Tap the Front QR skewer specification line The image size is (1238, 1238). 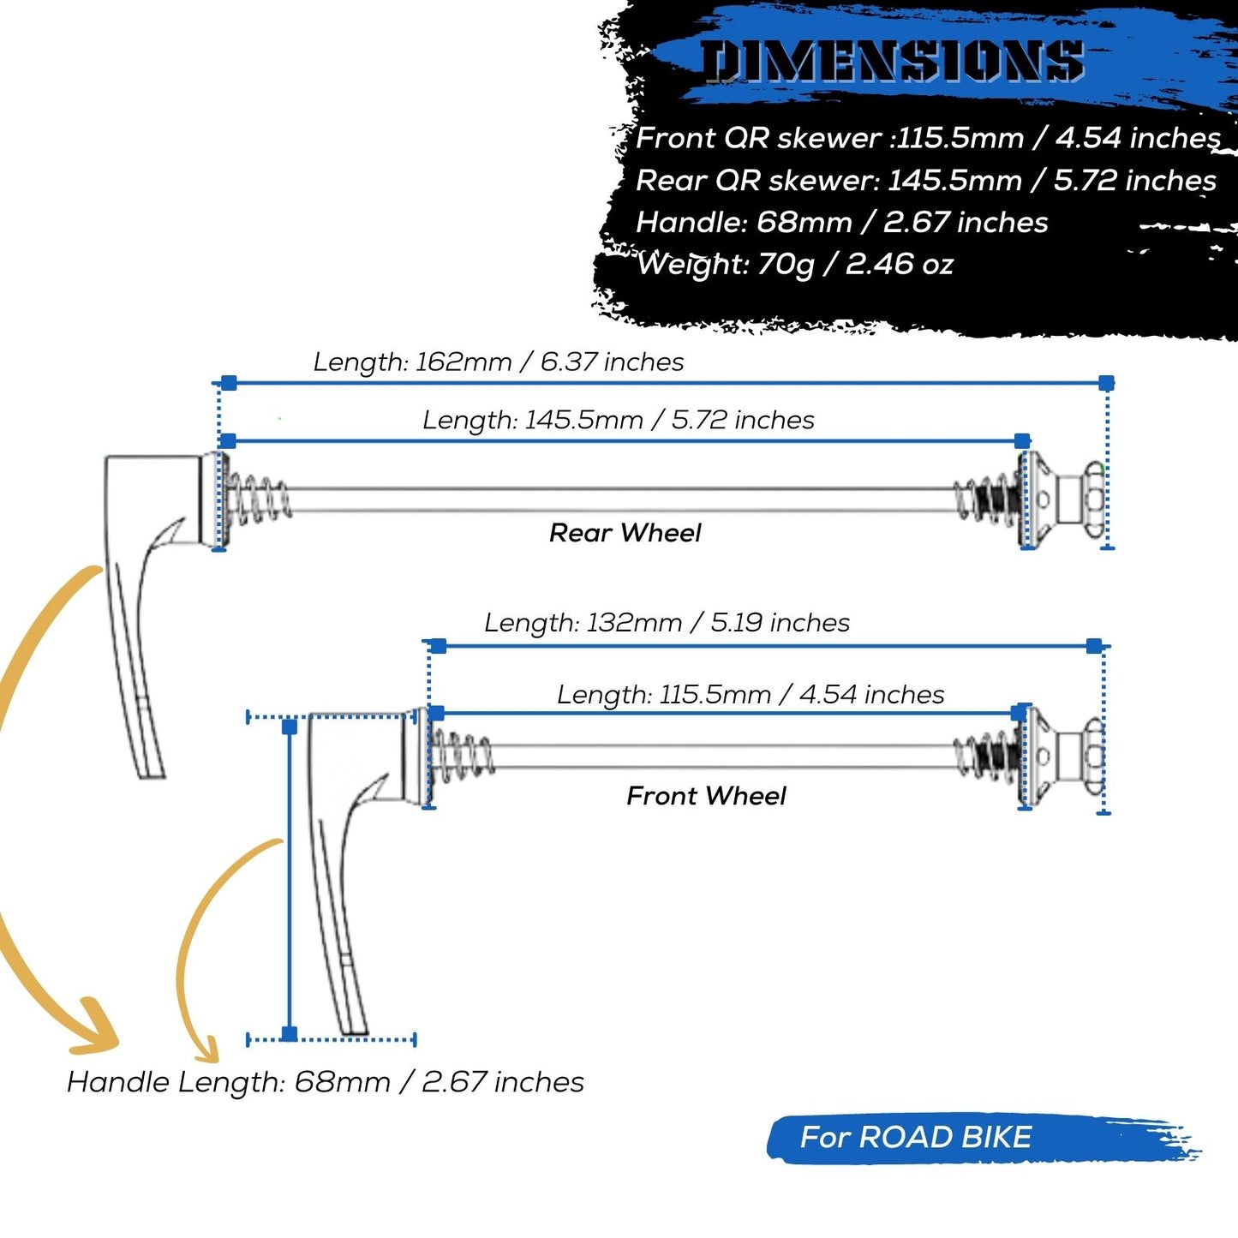[x=928, y=138]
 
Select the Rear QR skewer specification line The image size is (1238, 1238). [x=925, y=180]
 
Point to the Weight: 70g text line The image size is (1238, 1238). [x=794, y=264]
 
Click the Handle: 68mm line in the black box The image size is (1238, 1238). [x=841, y=223]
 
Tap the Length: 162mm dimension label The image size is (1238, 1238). [x=498, y=362]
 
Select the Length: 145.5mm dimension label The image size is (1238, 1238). [x=618, y=420]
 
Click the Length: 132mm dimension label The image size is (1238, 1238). [x=667, y=622]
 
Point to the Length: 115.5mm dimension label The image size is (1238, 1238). [x=751, y=694]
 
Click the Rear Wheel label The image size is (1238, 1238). [x=625, y=533]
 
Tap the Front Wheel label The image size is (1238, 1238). [x=706, y=796]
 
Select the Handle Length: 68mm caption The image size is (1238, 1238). [x=326, y=1082]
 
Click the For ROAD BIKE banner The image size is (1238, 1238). [x=915, y=1137]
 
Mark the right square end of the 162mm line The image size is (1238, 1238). [x=1106, y=383]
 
